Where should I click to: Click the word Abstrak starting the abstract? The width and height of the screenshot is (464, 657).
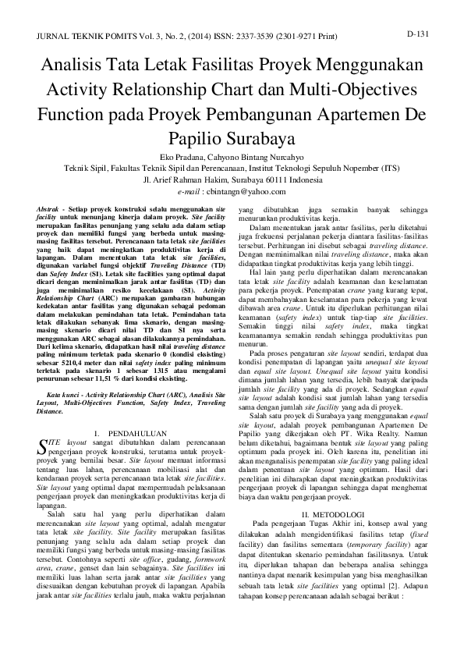(51, 211)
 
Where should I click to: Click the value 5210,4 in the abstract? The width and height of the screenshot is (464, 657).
(78, 363)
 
